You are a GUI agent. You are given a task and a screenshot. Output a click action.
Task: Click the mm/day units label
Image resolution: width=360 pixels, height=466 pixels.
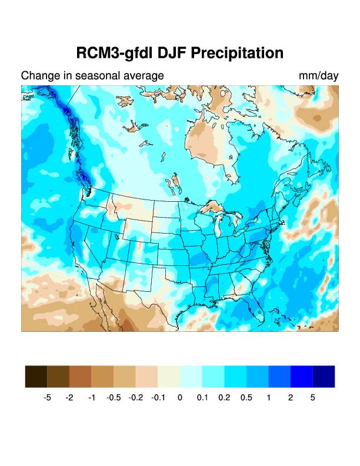318,76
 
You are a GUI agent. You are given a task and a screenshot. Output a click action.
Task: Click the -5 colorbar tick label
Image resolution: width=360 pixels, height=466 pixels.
47,398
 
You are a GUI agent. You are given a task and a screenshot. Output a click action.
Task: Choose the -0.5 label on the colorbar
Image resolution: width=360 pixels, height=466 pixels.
114,398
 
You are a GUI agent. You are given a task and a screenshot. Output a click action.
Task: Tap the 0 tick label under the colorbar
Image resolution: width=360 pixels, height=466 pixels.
180,398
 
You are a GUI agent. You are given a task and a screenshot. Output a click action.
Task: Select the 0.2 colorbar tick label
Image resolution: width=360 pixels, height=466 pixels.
224,398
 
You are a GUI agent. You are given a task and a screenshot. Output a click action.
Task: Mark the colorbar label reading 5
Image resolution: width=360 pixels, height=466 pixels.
313,398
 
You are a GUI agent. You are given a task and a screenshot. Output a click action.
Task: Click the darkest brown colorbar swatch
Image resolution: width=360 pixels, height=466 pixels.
36,376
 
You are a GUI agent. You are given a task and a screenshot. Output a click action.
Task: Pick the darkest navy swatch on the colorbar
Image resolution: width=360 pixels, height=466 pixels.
324,376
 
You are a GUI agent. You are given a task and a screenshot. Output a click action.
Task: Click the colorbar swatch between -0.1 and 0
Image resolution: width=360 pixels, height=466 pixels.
169,376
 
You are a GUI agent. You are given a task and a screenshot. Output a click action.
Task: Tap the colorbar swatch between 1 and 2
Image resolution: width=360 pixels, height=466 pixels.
279,376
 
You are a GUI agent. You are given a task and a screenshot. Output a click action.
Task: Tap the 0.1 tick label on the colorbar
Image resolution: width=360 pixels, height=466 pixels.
202,398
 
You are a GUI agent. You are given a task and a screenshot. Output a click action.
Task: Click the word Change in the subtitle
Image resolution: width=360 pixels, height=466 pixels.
38,76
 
